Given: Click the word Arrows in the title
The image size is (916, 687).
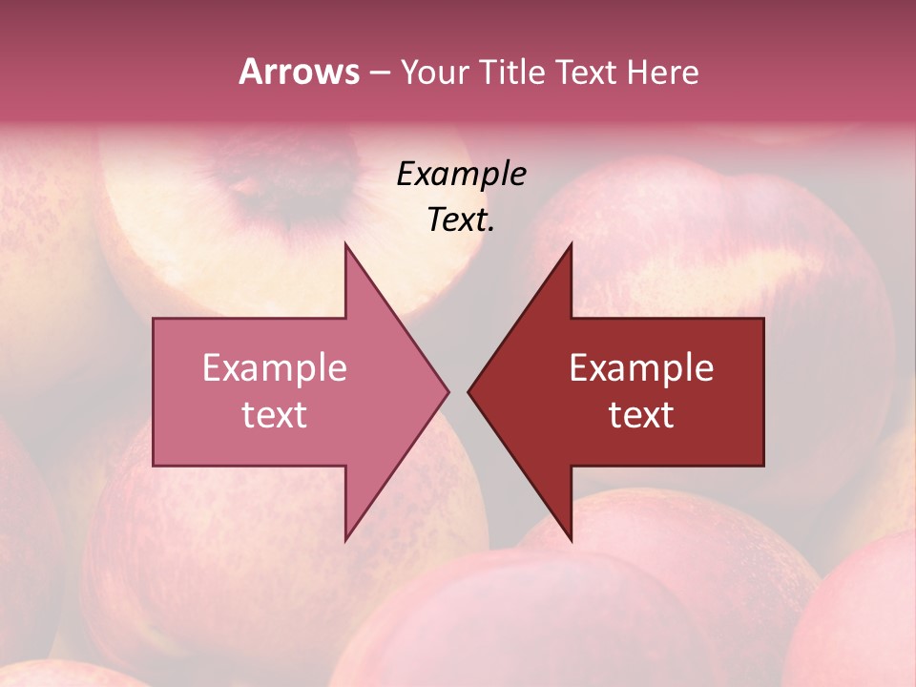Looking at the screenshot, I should point(299,72).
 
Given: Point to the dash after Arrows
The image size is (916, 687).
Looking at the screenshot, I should point(379,73).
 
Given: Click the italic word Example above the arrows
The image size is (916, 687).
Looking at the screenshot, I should point(461,175).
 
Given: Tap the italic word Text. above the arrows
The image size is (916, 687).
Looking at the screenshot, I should point(458,220).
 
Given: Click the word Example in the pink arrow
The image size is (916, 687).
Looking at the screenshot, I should point(275,368).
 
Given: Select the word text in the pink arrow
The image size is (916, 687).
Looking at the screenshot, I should point(275,415).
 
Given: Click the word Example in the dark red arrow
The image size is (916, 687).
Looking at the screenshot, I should point(641,368).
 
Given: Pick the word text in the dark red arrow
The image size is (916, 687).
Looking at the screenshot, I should point(641,415).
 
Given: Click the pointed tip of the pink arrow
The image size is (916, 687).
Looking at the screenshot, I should point(448,391).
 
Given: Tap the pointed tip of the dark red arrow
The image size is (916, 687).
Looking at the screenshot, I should point(468,391).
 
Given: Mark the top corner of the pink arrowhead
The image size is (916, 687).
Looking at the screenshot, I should point(345,244).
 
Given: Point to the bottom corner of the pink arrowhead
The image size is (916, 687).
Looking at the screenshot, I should point(345,540).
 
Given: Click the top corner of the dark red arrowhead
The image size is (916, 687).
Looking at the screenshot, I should point(571,244).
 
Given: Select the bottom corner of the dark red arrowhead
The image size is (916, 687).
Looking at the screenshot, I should point(571,540).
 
